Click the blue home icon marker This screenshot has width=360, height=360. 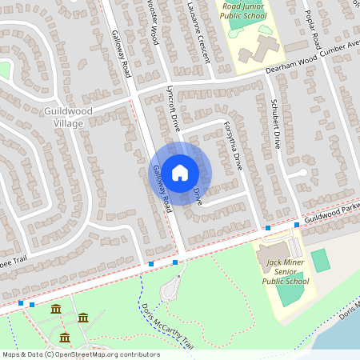pyautogui.click(x=180, y=172)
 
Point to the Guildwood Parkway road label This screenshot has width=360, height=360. pyautogui.click(x=331, y=212)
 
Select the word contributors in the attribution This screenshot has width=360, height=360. pyautogui.click(x=138, y=354)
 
